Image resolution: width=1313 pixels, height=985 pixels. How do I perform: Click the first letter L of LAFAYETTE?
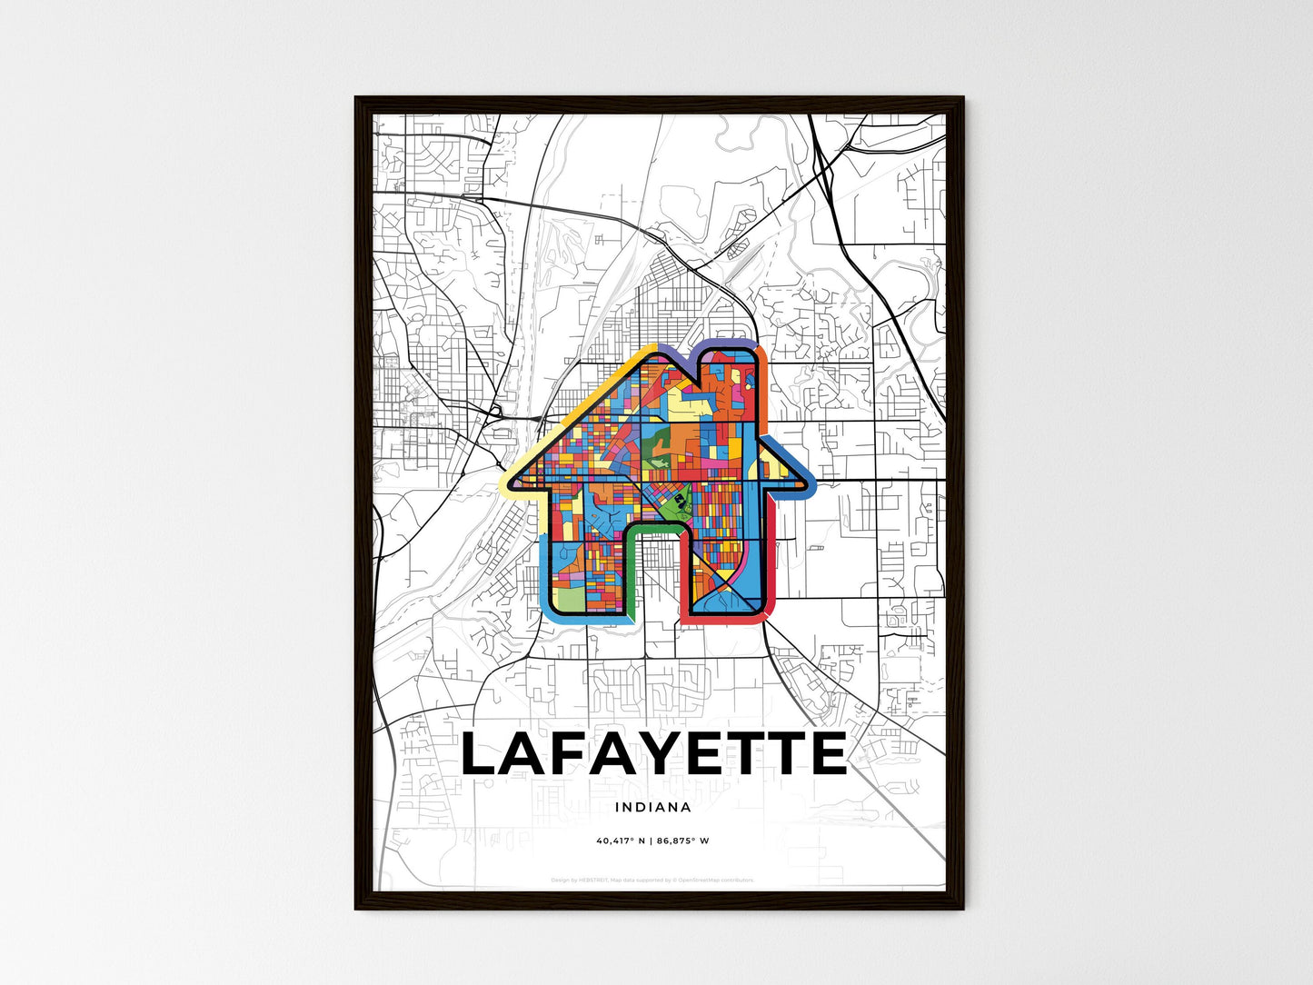point(483,754)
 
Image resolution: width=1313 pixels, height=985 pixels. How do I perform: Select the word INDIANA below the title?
point(652,807)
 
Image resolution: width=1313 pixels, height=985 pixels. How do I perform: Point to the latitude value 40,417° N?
point(621,841)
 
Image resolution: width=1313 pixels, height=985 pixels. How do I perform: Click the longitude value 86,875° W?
point(681,841)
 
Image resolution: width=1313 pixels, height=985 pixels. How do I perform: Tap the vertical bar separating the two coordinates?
point(652,841)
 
